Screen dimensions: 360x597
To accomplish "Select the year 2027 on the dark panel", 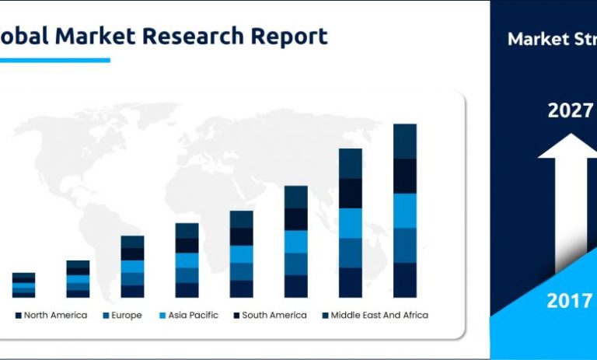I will (570, 110).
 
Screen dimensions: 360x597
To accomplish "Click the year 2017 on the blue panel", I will (570, 301).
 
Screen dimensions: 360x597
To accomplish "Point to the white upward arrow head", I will (567, 148).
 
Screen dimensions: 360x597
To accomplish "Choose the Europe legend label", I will (127, 315).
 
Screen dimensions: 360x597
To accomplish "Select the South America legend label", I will (273, 315).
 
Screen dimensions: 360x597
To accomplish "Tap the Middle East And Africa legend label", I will (379, 315).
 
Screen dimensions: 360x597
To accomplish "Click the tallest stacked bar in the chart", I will (405, 210).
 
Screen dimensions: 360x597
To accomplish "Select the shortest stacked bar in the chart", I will (23, 285).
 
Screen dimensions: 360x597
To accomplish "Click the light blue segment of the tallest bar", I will (405, 211).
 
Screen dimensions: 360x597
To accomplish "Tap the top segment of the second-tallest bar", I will (351, 163).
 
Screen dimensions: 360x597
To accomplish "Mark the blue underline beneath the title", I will (54, 60).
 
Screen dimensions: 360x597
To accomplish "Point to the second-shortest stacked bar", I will (78, 278).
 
